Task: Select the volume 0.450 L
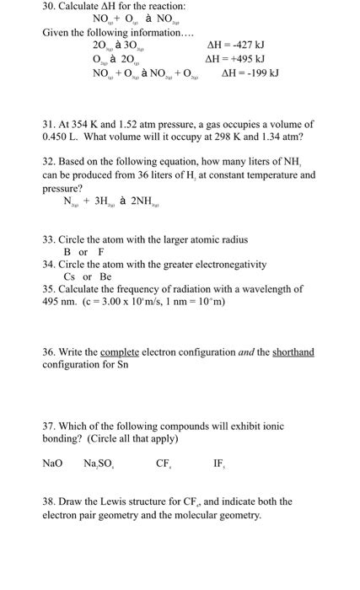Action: tap(62, 136)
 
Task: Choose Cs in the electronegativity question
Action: tap(70, 276)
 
